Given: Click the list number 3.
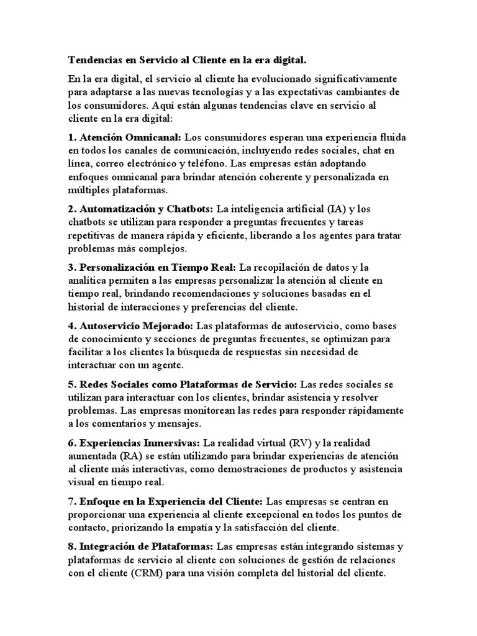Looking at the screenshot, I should point(71,268).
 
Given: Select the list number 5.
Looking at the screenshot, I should point(71,384).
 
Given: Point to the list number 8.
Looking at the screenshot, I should point(71,547).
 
